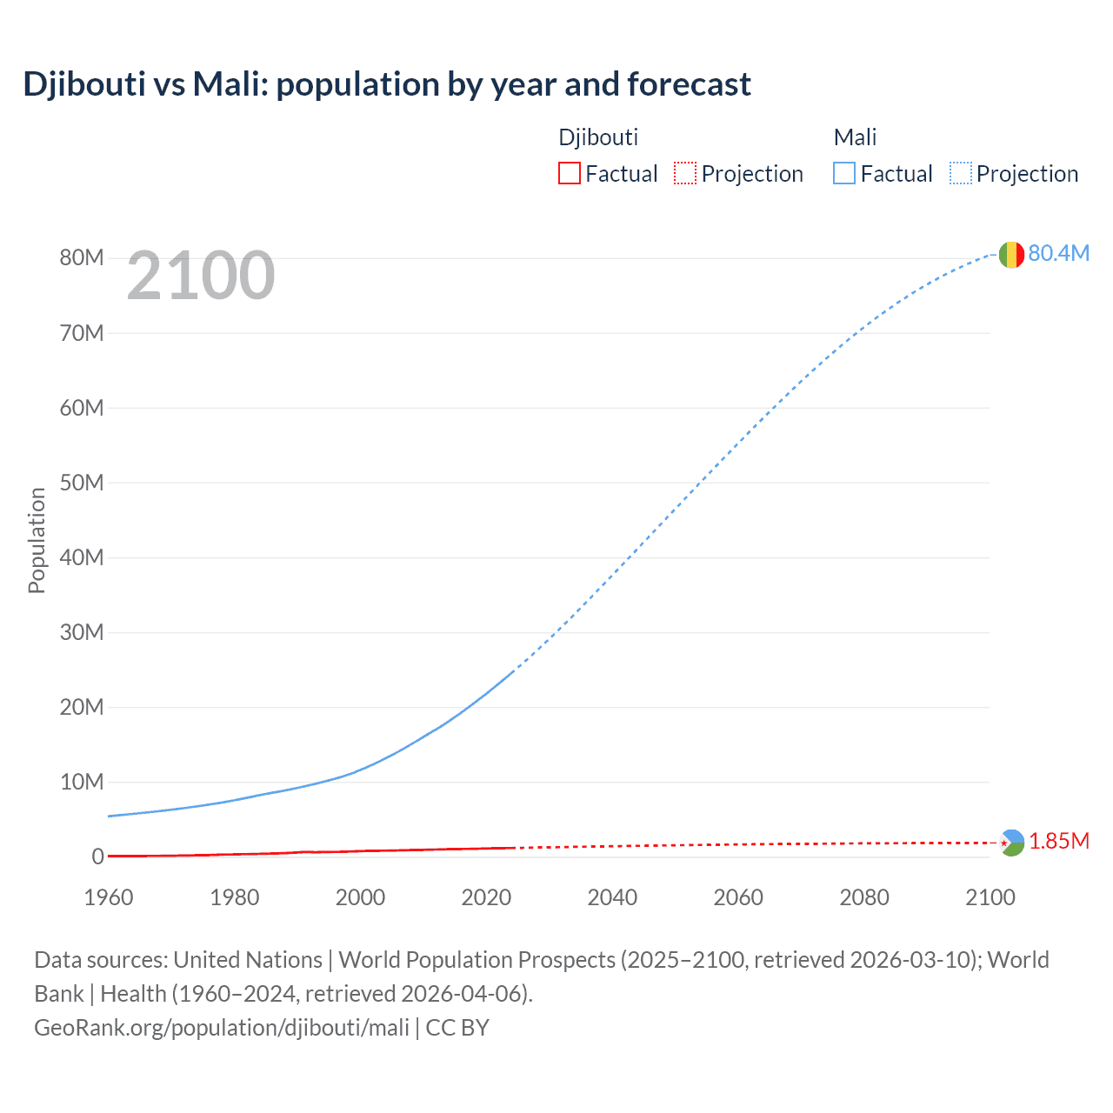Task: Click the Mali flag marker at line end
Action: pos(1011,255)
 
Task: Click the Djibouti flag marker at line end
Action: pos(1011,843)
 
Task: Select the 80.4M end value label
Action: pos(1058,253)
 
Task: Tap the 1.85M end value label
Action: pos(1059,841)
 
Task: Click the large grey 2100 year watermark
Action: pos(201,276)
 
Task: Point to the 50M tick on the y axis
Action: pos(82,483)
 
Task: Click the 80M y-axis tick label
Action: pos(82,257)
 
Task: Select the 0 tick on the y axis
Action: pos(97,856)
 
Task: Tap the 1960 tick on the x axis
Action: pos(109,897)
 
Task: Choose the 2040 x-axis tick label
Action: pos(612,897)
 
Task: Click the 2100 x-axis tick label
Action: pos(990,897)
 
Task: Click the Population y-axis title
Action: pos(37,540)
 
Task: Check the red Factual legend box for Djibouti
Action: pos(570,174)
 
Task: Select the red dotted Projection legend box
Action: pos(685,174)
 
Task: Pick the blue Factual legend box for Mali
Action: pos(844,174)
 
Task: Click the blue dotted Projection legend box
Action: pos(960,174)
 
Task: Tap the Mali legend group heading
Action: pos(855,137)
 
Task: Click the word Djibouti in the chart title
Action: pos(84,84)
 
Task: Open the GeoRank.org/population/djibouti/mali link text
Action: pos(222,1028)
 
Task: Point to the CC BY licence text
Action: pos(457,1028)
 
